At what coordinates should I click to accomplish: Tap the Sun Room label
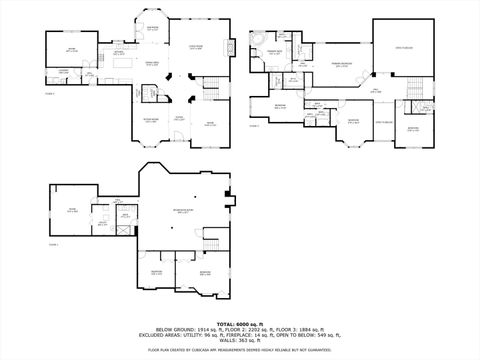coord(156,29)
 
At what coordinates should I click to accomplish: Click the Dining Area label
coord(155,64)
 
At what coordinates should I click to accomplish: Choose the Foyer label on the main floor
coord(180,118)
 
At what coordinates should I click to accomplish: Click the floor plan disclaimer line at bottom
coord(240,350)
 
